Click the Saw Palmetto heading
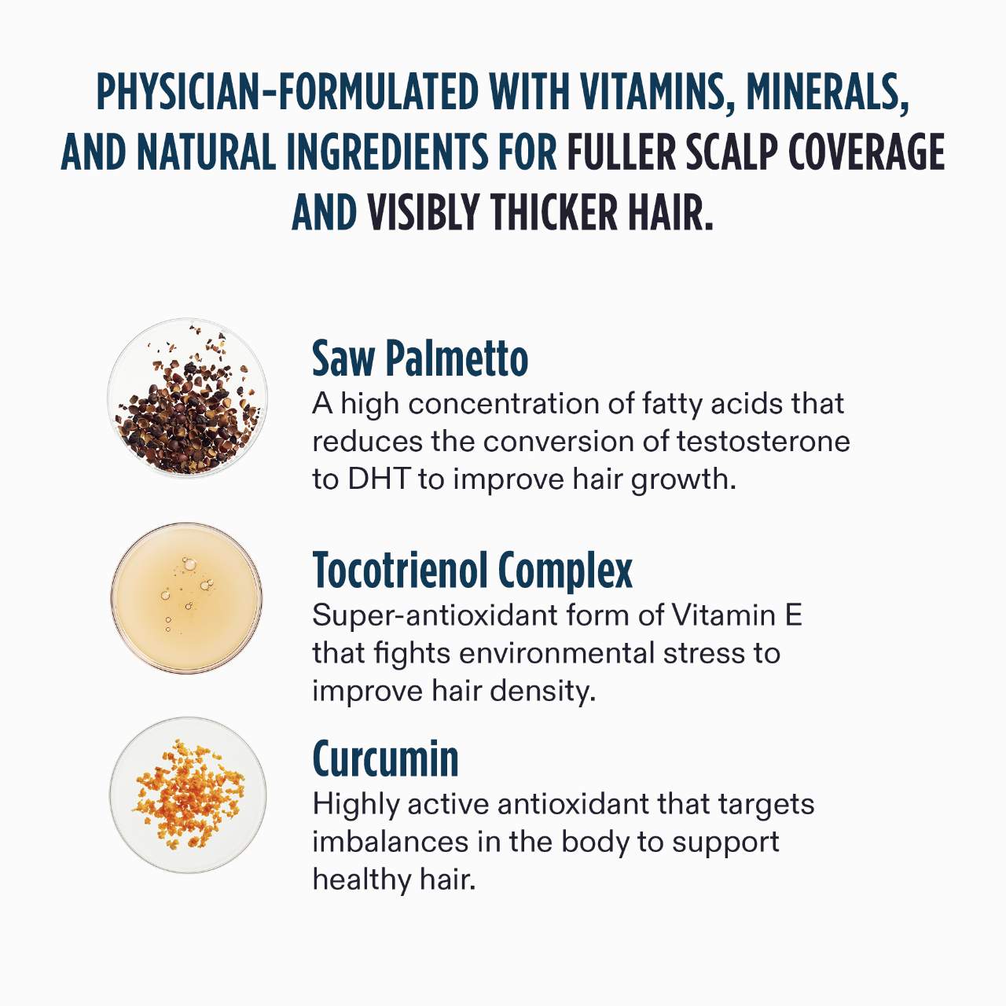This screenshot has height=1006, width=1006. [x=420, y=358]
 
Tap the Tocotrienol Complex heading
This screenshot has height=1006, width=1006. [x=472, y=571]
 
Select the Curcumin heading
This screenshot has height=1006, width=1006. [x=385, y=759]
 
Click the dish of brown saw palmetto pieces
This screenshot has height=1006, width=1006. [x=187, y=397]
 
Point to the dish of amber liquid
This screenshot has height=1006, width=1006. [x=186, y=598]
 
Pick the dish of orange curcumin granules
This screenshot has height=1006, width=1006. [x=187, y=795]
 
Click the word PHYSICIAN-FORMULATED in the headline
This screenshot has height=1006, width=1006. [x=288, y=92]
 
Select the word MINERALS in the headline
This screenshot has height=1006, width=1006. [x=828, y=93]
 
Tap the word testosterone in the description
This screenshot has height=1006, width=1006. [x=763, y=442]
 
